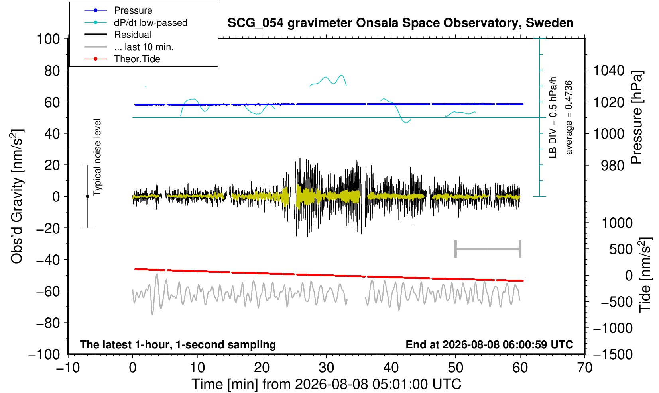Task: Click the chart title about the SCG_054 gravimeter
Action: point(400,23)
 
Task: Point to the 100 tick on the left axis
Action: point(48,39)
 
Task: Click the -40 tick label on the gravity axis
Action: point(48,260)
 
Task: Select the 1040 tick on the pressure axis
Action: point(609,70)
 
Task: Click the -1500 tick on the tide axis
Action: point(613,354)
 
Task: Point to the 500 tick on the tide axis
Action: point(621,250)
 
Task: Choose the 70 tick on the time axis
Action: point(584,368)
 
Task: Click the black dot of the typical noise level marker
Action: point(87,196)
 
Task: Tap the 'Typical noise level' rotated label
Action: point(97,157)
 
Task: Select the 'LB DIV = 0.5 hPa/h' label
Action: point(553,117)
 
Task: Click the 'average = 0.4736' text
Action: point(569,117)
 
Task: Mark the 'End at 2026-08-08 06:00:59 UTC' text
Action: point(489,344)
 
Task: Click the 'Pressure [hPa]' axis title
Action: point(637,117)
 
